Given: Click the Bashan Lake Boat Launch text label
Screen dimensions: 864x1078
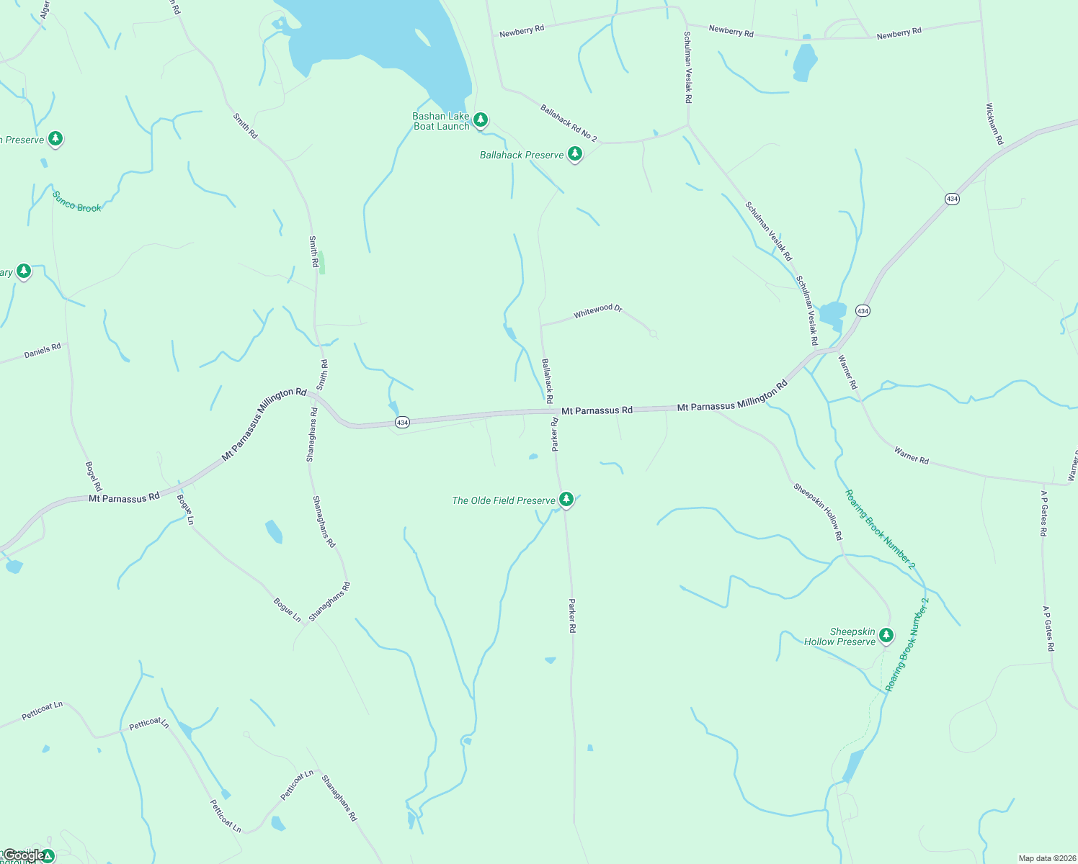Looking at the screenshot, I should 441,121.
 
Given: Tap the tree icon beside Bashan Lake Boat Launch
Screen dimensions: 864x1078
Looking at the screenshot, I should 481,120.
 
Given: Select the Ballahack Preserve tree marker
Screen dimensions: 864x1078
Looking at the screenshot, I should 574,154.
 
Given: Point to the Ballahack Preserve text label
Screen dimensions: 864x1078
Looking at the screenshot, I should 522,155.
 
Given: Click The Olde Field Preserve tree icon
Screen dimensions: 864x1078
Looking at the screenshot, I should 566,499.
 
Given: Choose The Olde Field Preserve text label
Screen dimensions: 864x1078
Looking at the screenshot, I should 504,500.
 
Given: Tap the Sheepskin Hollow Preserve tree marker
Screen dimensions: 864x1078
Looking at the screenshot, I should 886,635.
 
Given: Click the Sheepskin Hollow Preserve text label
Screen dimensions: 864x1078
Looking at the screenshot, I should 840,636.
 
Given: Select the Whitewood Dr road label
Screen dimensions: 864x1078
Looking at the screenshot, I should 597,311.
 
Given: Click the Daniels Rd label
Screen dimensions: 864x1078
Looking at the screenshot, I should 43,351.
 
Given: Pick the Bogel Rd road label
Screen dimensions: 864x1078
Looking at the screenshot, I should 94,476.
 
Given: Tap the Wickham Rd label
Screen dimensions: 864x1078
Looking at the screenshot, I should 994,124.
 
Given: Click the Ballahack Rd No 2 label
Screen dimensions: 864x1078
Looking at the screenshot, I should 569,123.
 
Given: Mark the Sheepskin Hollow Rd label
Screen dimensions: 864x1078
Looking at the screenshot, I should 818,511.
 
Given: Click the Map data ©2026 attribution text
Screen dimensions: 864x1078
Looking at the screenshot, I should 1046,858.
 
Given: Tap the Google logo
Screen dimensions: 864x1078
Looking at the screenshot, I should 23,856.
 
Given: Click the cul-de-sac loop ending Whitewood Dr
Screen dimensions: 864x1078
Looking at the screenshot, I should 654,333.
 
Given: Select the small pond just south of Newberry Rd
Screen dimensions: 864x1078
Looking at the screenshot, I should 805,63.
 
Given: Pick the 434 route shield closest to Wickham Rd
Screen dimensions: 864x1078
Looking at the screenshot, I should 952,199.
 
